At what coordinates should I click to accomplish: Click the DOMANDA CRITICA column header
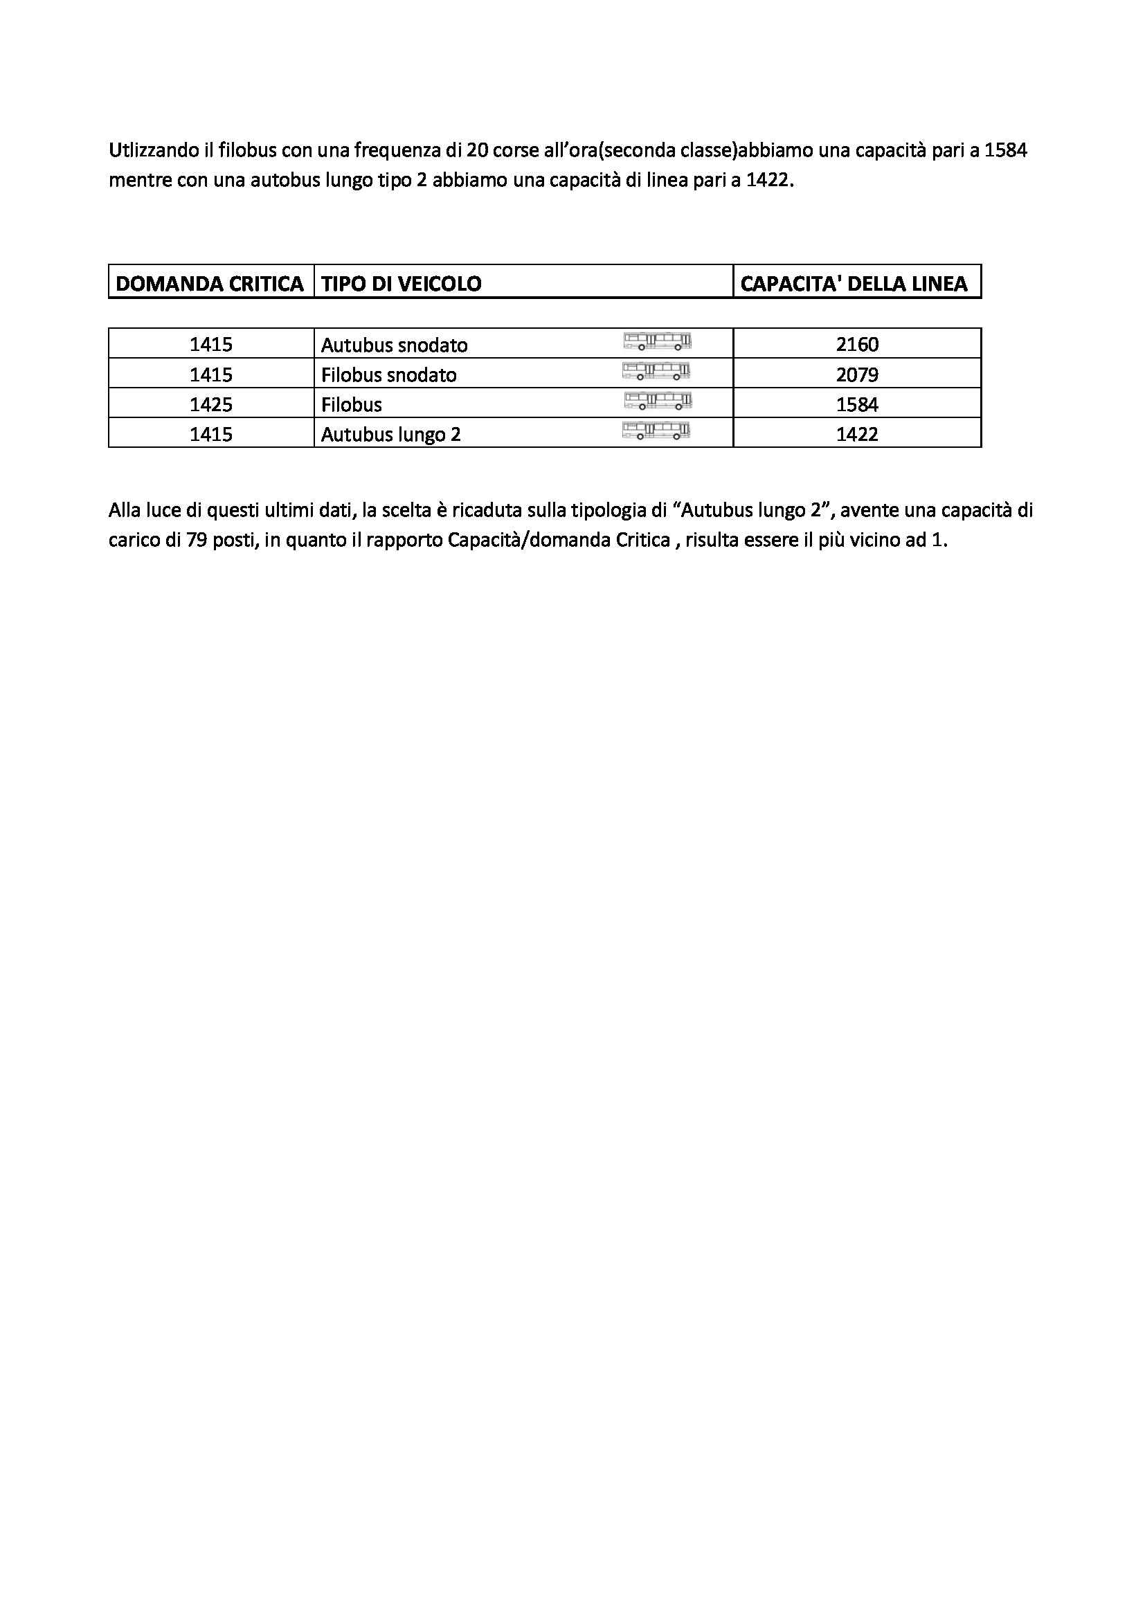[x=209, y=284]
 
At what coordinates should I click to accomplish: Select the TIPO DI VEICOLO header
[x=402, y=284]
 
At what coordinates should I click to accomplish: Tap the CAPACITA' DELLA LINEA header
[x=854, y=284]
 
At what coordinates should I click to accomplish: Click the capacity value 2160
[x=857, y=345]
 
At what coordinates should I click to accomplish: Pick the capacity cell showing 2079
[x=857, y=374]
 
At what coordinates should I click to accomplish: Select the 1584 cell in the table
[x=857, y=405]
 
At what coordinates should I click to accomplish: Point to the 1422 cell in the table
[x=857, y=435]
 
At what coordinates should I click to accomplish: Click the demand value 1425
[x=211, y=405]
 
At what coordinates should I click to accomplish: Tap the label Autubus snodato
[x=394, y=345]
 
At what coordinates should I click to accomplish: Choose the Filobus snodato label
[x=388, y=374]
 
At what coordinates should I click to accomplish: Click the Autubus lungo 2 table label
[x=390, y=435]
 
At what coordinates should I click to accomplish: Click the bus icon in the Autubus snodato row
[x=657, y=342]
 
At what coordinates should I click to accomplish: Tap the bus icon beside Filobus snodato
[x=656, y=371]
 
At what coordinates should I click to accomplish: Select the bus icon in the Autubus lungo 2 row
[x=656, y=431]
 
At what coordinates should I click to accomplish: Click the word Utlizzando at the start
[x=150, y=151]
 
